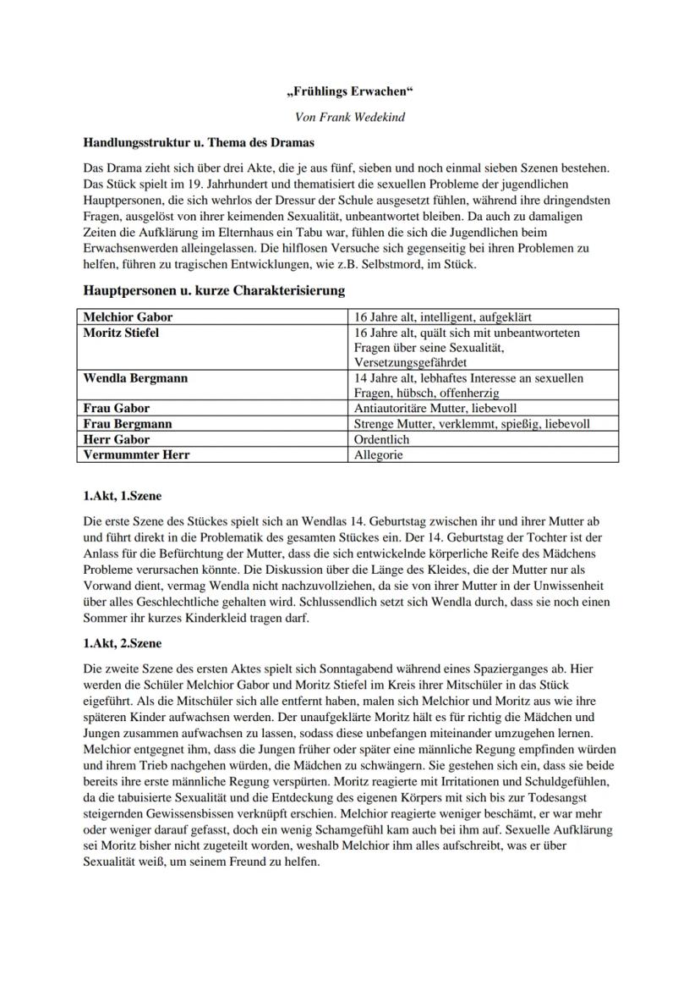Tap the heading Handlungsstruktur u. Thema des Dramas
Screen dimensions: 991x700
[199, 141]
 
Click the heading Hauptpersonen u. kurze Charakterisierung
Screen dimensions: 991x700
[214, 290]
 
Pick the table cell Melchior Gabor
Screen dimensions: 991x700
[128, 317]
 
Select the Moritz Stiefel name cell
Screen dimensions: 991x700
[121, 333]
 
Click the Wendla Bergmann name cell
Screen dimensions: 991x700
[135, 378]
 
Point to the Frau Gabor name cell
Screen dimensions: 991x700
[116, 408]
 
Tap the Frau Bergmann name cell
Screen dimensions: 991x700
[128, 424]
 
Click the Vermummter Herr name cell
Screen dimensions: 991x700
[136, 454]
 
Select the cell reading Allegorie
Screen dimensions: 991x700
[379, 454]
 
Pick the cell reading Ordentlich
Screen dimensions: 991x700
[382, 439]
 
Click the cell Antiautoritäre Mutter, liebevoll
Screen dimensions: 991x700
[435, 408]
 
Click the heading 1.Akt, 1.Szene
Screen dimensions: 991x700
[123, 496]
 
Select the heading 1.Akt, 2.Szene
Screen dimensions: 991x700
[123, 644]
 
